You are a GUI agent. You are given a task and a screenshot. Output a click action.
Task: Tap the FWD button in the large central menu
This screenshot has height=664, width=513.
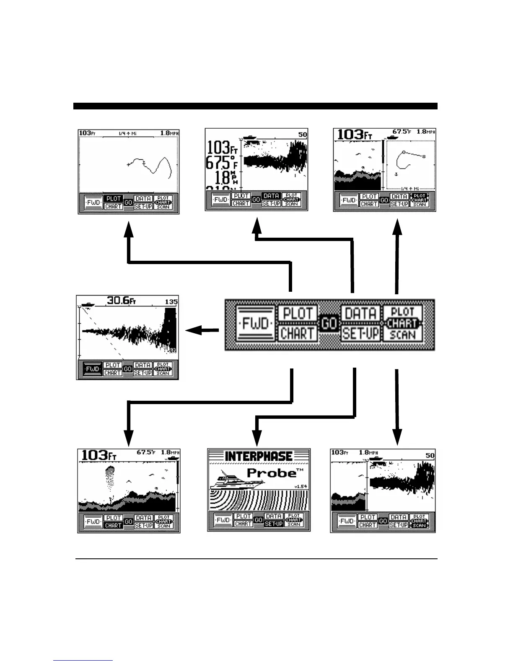click(255, 324)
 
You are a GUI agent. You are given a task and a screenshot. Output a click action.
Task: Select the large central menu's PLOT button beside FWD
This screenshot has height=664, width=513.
click(298, 313)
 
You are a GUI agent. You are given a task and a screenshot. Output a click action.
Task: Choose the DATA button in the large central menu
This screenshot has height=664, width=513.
click(360, 313)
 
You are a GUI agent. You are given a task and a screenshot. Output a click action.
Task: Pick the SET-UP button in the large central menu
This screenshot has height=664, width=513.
click(360, 334)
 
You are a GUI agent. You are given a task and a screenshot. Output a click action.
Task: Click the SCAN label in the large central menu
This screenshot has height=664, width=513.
click(402, 335)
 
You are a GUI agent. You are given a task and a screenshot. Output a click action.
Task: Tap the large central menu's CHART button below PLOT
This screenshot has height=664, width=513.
click(298, 334)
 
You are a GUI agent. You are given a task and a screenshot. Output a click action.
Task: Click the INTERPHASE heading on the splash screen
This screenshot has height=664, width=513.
click(259, 456)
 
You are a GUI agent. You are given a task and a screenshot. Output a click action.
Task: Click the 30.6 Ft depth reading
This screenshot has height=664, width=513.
click(122, 301)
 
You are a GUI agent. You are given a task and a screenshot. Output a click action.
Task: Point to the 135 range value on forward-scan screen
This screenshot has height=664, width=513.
click(171, 301)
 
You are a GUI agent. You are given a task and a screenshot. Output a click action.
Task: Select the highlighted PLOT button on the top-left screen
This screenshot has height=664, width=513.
click(113, 198)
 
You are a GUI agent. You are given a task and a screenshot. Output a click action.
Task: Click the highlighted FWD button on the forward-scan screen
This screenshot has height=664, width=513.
click(93, 369)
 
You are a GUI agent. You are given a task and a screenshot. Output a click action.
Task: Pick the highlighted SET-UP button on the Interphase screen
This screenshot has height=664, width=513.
click(273, 524)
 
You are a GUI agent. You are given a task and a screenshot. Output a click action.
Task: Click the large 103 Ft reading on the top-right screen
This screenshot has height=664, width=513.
click(355, 135)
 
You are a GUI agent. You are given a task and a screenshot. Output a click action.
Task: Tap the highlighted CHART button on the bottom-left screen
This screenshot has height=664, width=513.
click(113, 525)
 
